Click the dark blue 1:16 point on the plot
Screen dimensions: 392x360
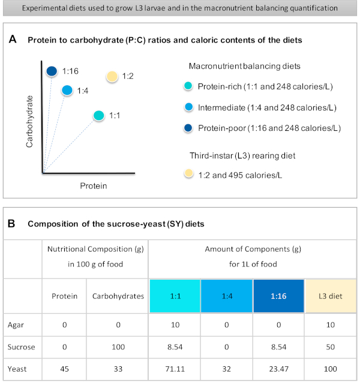52,71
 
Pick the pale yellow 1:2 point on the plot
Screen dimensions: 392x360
112,76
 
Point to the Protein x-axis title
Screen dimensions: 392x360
94,185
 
